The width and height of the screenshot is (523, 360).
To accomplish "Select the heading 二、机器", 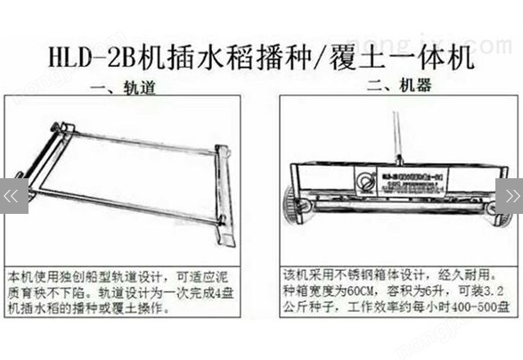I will (x=392, y=86).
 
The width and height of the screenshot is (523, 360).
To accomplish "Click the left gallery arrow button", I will (x=10, y=193).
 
